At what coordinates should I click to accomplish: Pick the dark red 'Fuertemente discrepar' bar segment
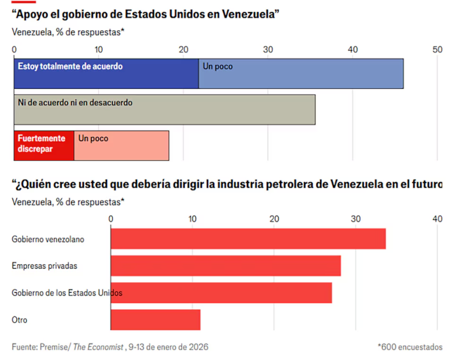click(44, 146)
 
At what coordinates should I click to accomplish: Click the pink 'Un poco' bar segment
click(121, 146)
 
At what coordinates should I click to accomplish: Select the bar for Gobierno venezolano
click(248, 239)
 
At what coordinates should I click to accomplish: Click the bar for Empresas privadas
click(225, 266)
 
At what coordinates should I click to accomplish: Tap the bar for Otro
click(155, 320)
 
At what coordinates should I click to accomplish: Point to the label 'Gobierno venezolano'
click(48, 239)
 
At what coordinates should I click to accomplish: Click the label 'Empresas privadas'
click(44, 266)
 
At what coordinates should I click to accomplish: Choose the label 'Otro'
click(19, 320)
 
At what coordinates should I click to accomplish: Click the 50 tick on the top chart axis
click(437, 50)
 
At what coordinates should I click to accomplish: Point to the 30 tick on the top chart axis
click(268, 50)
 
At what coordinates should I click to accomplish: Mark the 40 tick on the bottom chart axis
click(437, 219)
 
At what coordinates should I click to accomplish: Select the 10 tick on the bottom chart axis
click(192, 219)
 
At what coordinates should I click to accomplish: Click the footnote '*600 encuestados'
click(410, 347)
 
